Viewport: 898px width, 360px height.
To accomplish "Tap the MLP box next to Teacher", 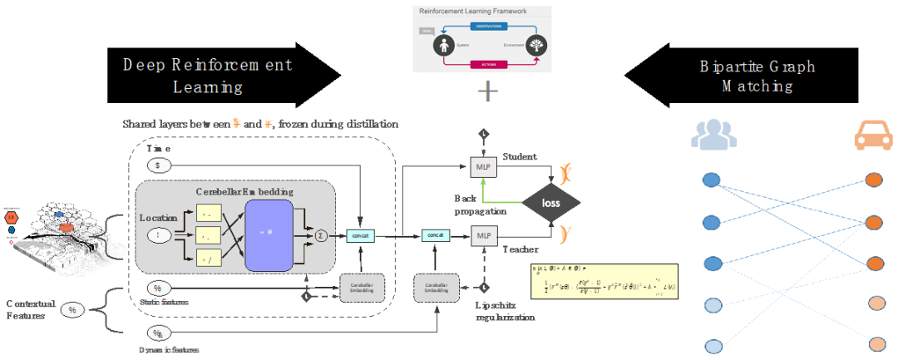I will click(483, 235).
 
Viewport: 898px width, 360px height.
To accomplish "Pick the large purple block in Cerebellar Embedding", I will click(269, 234).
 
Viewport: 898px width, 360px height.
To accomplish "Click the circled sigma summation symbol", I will click(323, 236).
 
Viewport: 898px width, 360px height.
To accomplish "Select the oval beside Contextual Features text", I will click(72, 310).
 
